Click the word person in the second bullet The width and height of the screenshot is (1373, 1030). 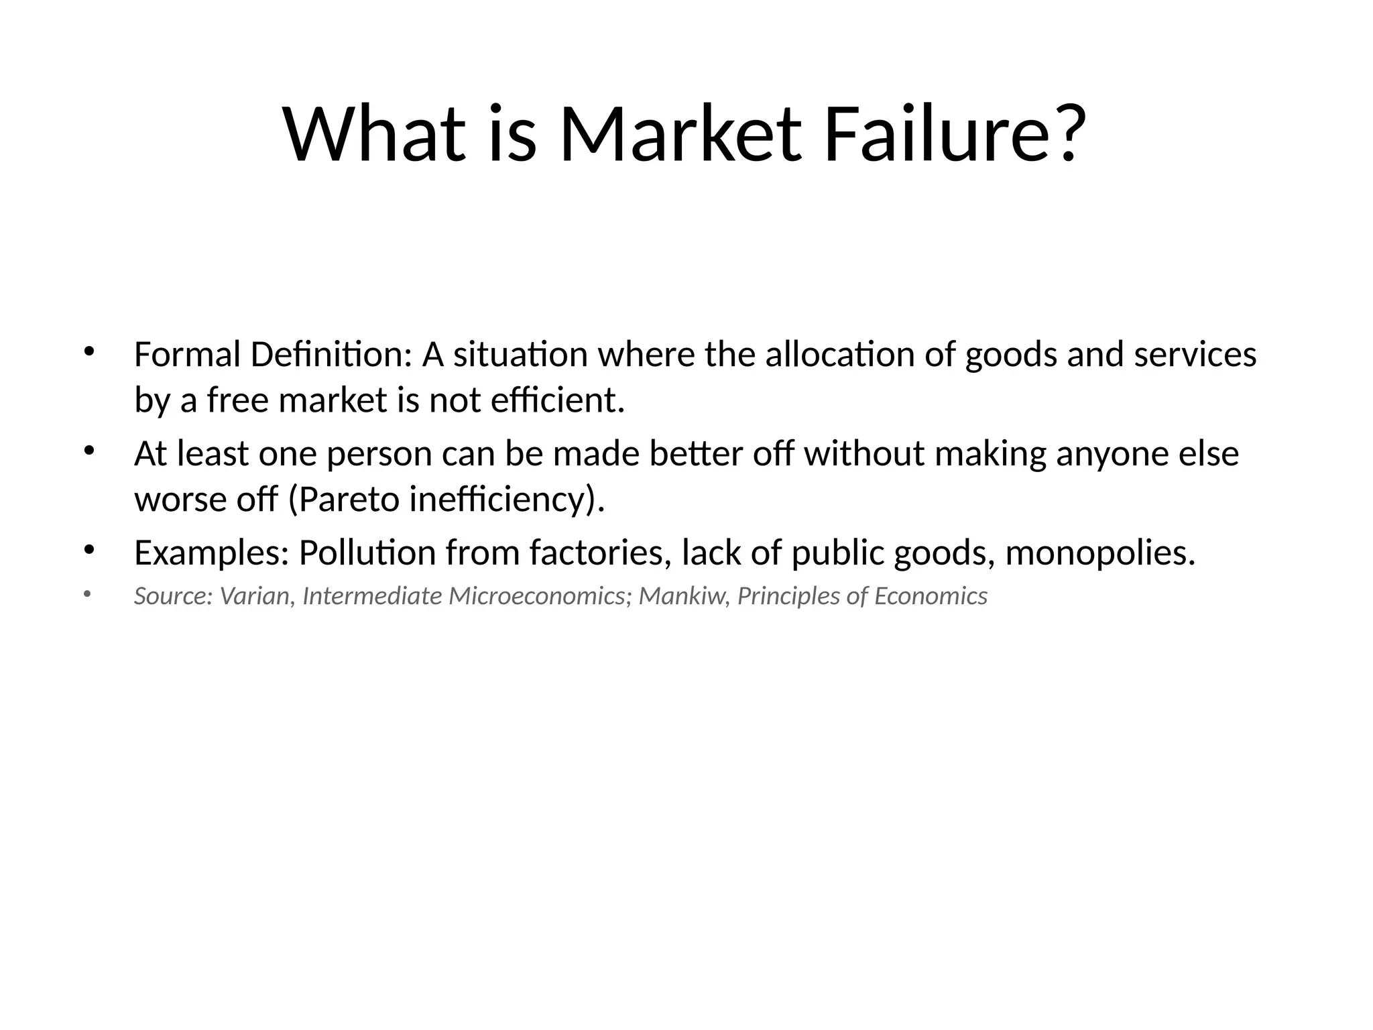pyautogui.click(x=379, y=454)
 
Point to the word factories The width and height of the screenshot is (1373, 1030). pyautogui.click(x=600, y=553)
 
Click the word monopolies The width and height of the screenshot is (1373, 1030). pyautogui.click(x=1100, y=553)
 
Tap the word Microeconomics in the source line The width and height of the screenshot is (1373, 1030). pyautogui.click(x=536, y=595)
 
